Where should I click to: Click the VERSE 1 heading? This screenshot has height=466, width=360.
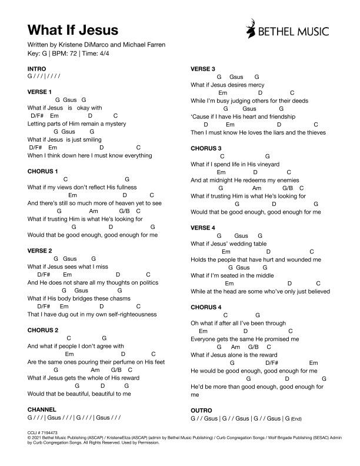tap(40, 92)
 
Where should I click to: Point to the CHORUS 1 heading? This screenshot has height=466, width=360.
tap(43, 171)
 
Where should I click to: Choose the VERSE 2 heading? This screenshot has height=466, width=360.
tap(40, 251)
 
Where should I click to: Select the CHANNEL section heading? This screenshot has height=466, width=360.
tap(42, 408)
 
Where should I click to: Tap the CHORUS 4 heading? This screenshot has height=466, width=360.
tap(206, 307)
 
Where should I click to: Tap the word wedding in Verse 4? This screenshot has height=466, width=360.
tap(241, 244)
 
